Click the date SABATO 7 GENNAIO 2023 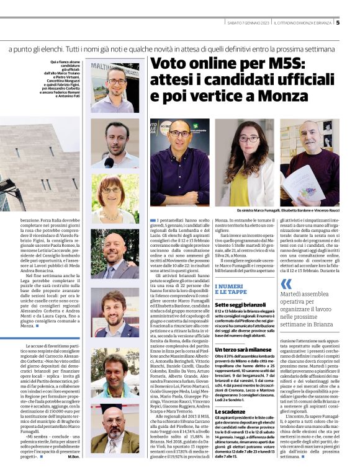246,24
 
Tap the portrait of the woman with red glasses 115,198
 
